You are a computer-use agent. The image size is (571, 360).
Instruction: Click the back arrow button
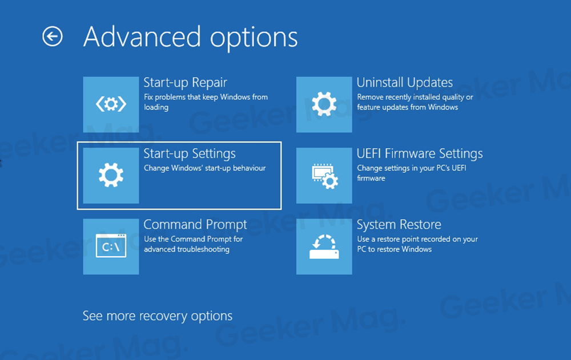tap(53, 37)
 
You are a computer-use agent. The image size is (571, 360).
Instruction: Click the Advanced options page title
tap(191, 38)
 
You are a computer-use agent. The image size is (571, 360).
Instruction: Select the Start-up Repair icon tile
tap(111, 104)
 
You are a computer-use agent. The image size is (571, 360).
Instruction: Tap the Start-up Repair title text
tap(186, 83)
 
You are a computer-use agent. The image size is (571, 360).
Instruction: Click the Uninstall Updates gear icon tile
tap(324, 104)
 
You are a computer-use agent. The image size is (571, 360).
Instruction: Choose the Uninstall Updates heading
tap(405, 82)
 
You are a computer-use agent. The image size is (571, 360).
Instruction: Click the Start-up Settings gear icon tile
tap(111, 176)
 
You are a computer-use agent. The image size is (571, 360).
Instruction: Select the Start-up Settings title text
tap(190, 154)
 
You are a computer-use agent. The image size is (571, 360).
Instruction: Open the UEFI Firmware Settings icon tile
tap(324, 176)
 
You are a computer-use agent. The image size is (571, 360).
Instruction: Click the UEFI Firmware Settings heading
tap(420, 153)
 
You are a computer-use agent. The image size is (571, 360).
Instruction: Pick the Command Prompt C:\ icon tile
tap(111, 246)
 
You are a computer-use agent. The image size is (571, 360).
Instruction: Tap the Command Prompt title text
tap(195, 225)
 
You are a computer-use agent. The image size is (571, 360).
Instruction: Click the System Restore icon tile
tap(324, 246)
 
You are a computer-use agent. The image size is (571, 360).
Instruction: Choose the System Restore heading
tap(399, 225)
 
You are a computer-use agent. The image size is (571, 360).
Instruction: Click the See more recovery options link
tap(158, 316)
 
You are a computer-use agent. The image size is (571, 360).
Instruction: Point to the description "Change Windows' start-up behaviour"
tap(204, 168)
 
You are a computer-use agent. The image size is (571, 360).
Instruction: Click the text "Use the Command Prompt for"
tap(194, 239)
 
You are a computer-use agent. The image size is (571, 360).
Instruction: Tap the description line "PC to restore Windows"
tap(395, 249)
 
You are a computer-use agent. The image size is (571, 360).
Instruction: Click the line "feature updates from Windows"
tap(408, 107)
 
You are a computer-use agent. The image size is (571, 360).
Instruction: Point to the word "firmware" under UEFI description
tap(371, 178)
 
